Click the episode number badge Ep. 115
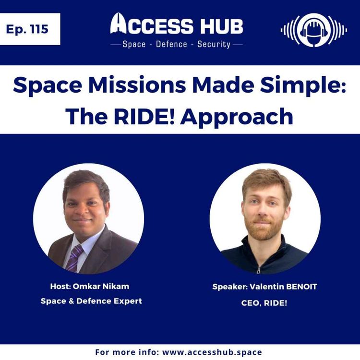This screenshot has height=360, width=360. click(x=30, y=29)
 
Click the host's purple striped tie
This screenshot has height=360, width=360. click(x=75, y=259)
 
